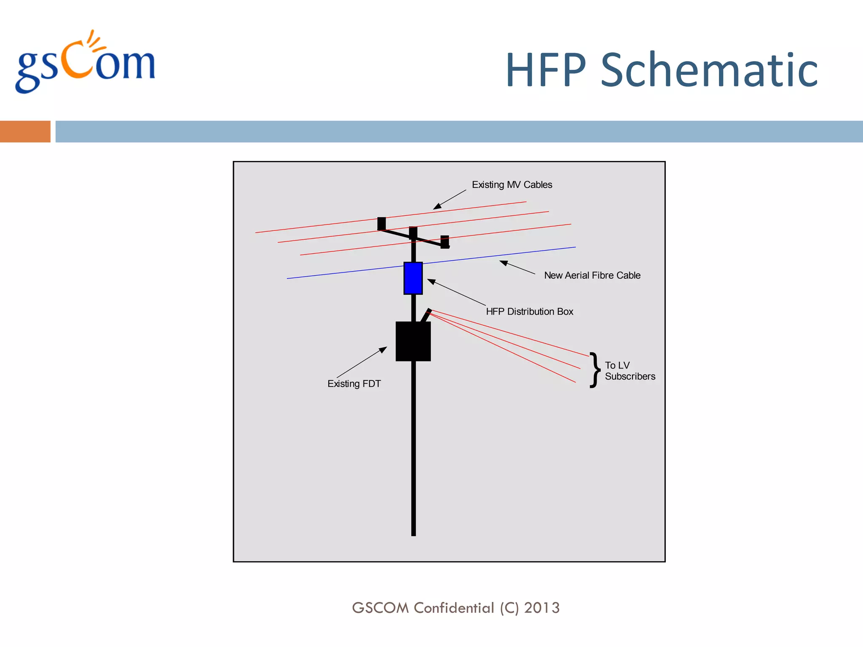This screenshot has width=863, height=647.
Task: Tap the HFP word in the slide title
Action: (x=546, y=70)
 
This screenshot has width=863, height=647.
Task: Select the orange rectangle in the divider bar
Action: (x=25, y=131)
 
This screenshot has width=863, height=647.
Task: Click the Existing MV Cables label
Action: (x=512, y=184)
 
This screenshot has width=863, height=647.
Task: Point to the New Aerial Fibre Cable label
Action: (x=592, y=275)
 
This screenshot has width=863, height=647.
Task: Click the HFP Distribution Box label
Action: (x=529, y=312)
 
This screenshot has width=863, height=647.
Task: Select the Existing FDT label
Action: (x=354, y=384)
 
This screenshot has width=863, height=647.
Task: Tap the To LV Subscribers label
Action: (x=630, y=371)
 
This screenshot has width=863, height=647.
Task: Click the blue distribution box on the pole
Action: (x=413, y=278)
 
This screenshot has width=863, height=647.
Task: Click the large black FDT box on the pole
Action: (x=413, y=341)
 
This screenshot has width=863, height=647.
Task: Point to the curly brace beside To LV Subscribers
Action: (x=595, y=370)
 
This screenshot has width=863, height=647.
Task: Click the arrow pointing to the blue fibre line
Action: (x=517, y=267)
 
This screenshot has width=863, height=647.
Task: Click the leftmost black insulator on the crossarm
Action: (x=381, y=223)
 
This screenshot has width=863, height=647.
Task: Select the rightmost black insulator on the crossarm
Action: (x=445, y=242)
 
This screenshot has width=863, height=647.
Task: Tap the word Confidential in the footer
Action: (x=453, y=608)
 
